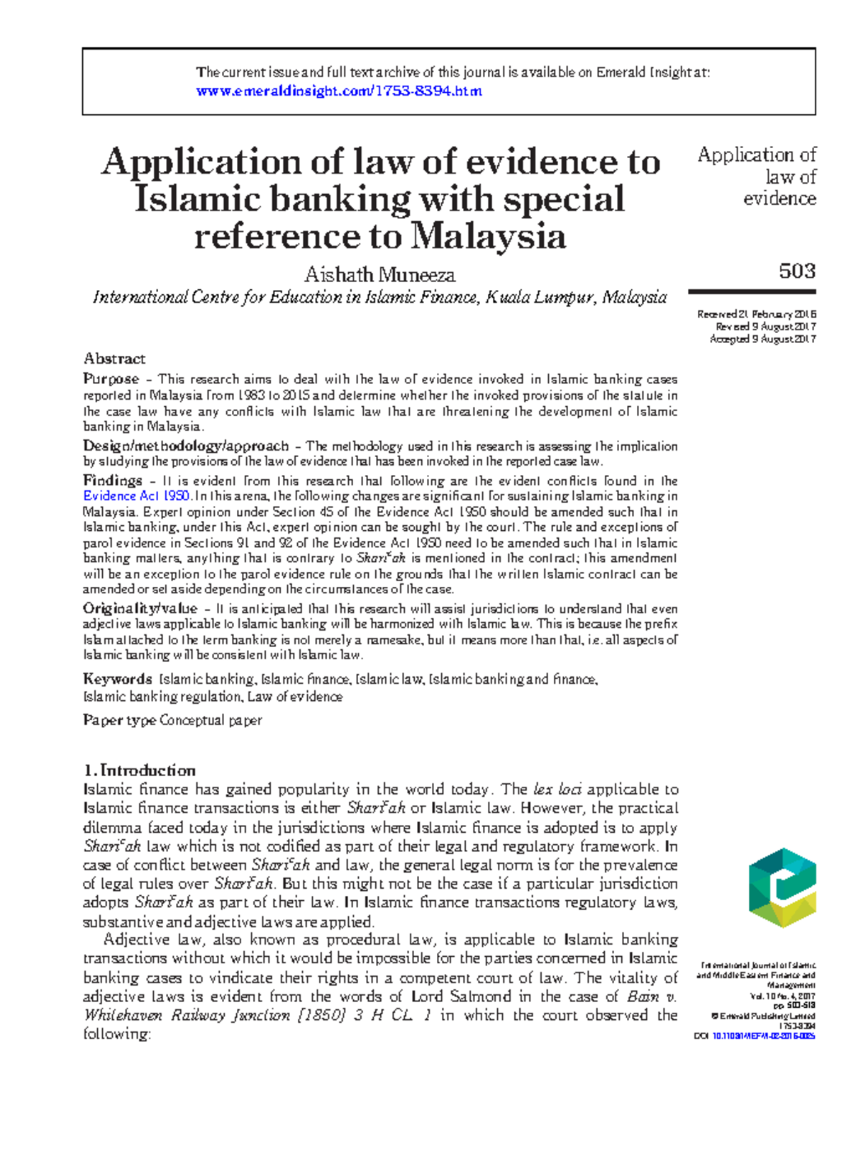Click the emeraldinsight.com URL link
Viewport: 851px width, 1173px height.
[x=338, y=91]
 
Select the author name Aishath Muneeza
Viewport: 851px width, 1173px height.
[x=379, y=274]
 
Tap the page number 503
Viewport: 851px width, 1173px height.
[x=796, y=271]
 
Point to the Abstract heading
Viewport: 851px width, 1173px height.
[x=114, y=359]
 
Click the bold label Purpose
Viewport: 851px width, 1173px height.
[x=111, y=378]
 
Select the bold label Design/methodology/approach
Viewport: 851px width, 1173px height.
[x=186, y=446]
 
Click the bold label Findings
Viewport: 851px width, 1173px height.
[x=112, y=480]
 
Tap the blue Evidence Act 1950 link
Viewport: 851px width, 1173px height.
[x=136, y=496]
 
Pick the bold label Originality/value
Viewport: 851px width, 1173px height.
[x=140, y=608]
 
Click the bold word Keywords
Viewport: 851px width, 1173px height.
[x=117, y=679]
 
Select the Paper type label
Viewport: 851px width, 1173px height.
[x=119, y=720]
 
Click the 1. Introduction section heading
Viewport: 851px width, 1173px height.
[x=139, y=770]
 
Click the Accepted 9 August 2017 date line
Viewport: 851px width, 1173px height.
[x=762, y=339]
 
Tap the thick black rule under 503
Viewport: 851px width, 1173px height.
[x=752, y=291]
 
